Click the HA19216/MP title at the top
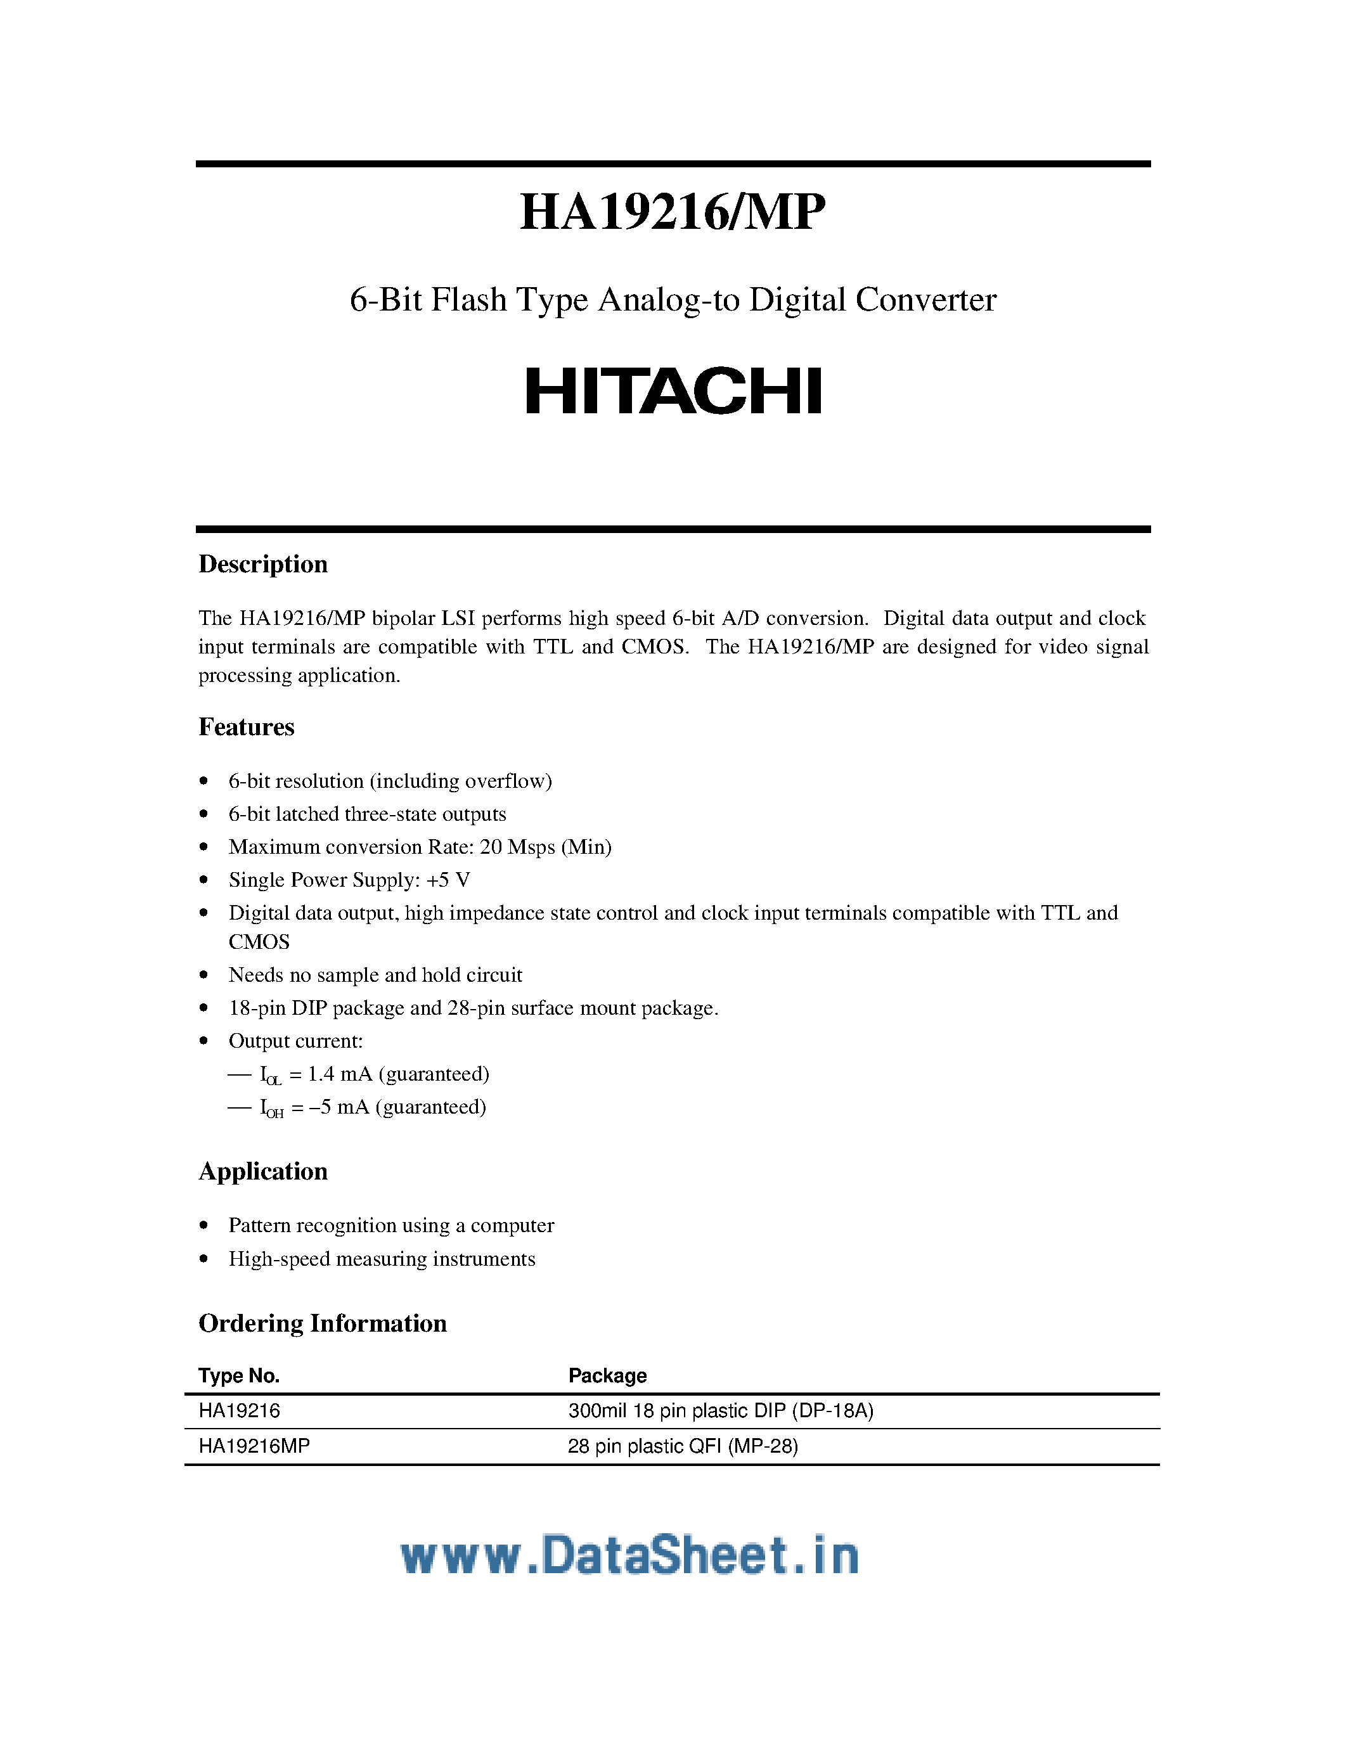click(x=672, y=212)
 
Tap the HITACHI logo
click(x=673, y=391)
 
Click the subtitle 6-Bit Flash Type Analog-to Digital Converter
click(x=673, y=300)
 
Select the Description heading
click(x=262, y=564)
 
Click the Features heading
click(x=246, y=727)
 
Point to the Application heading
click(x=262, y=1171)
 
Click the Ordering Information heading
click(x=323, y=1323)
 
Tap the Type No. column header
click(x=238, y=1376)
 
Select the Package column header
click(x=607, y=1376)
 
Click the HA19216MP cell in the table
click(x=254, y=1446)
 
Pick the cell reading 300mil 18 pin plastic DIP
click(x=721, y=1411)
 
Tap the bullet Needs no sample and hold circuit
click(x=375, y=975)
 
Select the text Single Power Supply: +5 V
click(x=349, y=880)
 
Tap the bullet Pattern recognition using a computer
click(x=391, y=1226)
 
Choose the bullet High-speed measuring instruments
click(x=382, y=1259)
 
